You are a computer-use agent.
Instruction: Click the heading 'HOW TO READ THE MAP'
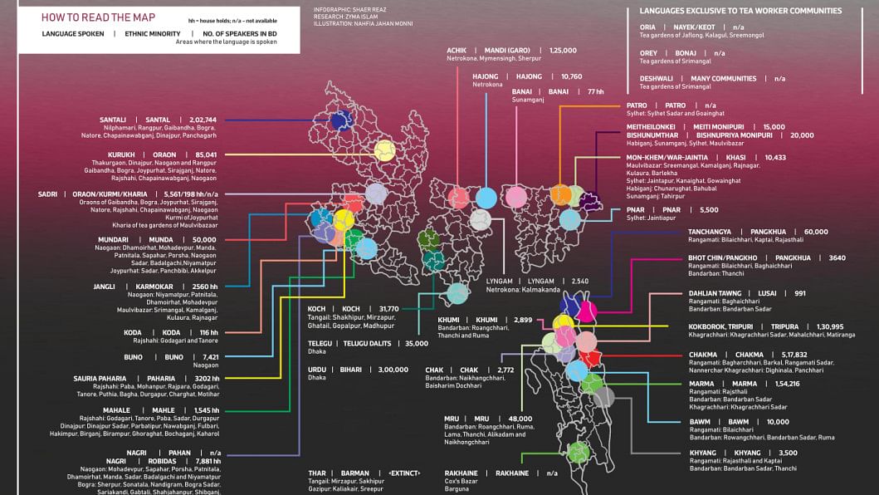(x=87, y=17)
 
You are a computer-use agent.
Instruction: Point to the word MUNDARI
(x=113, y=239)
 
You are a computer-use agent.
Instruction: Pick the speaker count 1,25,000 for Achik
(x=563, y=51)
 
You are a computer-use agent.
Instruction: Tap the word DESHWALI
(x=657, y=79)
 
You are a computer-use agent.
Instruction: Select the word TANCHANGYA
(x=710, y=232)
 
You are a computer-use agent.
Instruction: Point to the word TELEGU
(x=320, y=343)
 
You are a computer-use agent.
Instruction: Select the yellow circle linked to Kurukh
(x=384, y=150)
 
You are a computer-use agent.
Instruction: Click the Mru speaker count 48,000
(x=520, y=419)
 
